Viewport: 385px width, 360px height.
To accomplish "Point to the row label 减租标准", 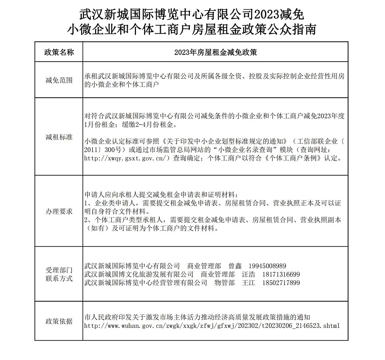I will click(59, 137).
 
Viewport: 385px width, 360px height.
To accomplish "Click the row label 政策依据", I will click(59, 321).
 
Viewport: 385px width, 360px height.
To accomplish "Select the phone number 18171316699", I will click(274, 274).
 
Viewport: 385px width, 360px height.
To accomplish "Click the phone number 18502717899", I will click(274, 282).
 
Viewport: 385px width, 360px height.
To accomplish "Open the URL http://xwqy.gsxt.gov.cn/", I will click(127, 158).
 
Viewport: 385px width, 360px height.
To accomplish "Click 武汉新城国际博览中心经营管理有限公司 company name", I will click(142, 282).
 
